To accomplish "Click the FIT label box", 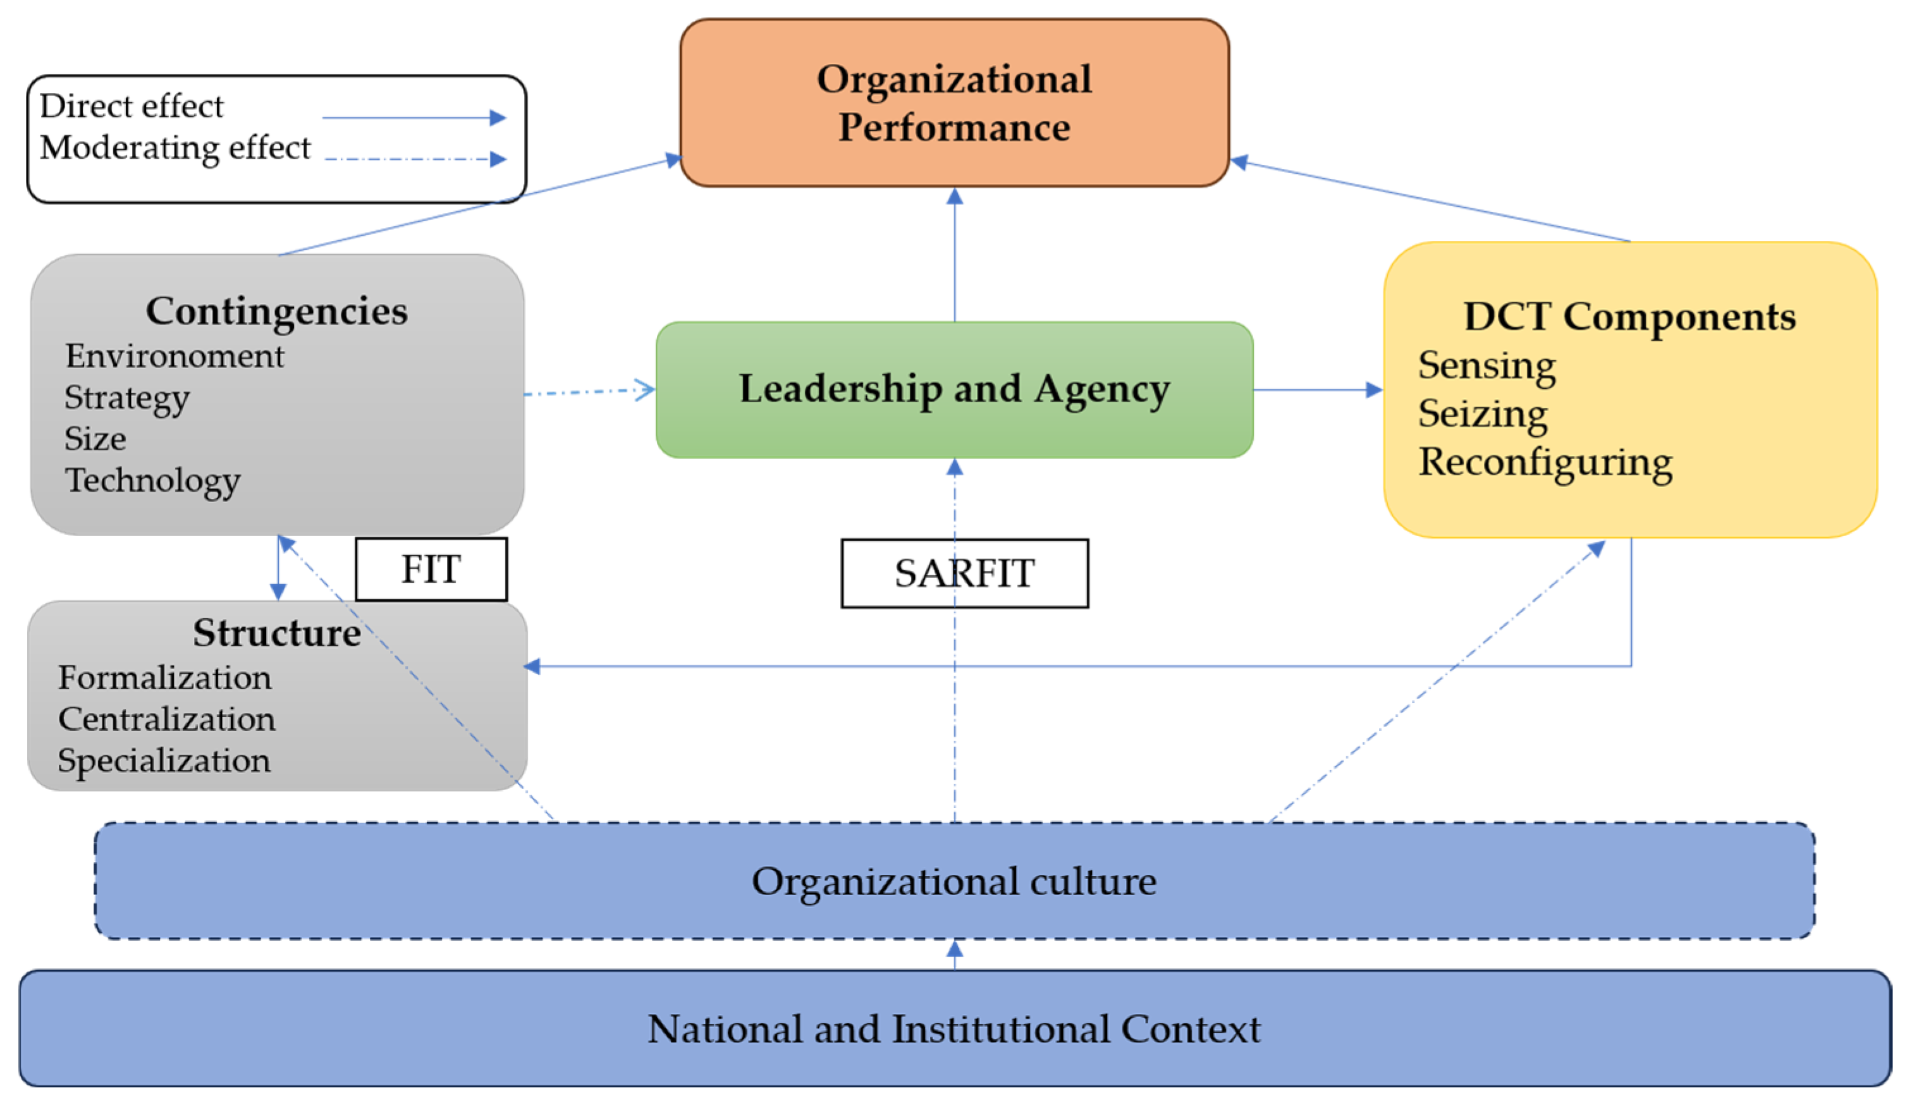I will click(431, 569).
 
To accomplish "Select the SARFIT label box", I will click(965, 573).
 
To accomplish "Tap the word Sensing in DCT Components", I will click(1486, 366).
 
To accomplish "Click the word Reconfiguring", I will click(1545, 463).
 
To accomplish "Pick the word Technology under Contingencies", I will click(153, 480).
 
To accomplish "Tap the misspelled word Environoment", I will click(175, 357).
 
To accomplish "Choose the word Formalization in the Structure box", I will click(165, 678).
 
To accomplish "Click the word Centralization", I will click(167, 719).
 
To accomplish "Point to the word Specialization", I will click(164, 761).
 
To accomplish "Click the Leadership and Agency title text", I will click(954, 389).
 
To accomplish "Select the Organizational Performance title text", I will click(954, 103).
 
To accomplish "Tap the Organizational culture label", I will click(954, 881).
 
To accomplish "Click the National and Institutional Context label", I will click(954, 1029).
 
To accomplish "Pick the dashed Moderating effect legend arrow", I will click(414, 159).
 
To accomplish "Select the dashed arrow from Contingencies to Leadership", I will click(590, 391).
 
